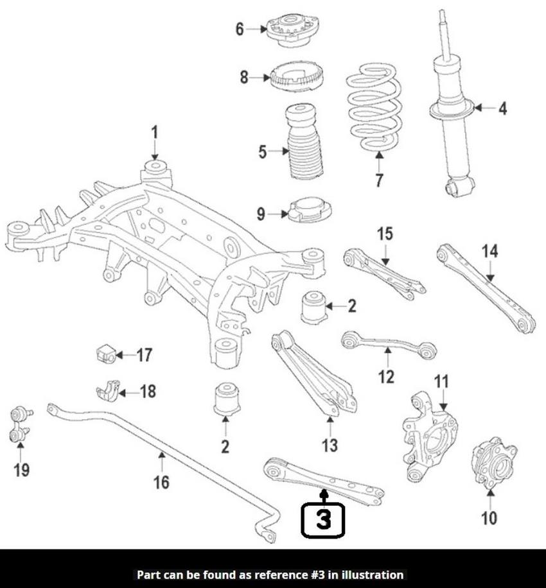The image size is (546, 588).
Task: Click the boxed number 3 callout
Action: tap(323, 519)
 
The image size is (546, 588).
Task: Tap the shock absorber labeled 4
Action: tap(453, 109)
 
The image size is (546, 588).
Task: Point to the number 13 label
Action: tap(329, 444)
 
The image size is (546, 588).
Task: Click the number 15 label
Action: tap(385, 234)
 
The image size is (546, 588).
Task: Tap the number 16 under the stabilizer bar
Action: tap(162, 481)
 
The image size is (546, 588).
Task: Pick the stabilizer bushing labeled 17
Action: tap(104, 353)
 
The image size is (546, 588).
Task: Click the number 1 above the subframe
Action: tap(154, 134)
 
